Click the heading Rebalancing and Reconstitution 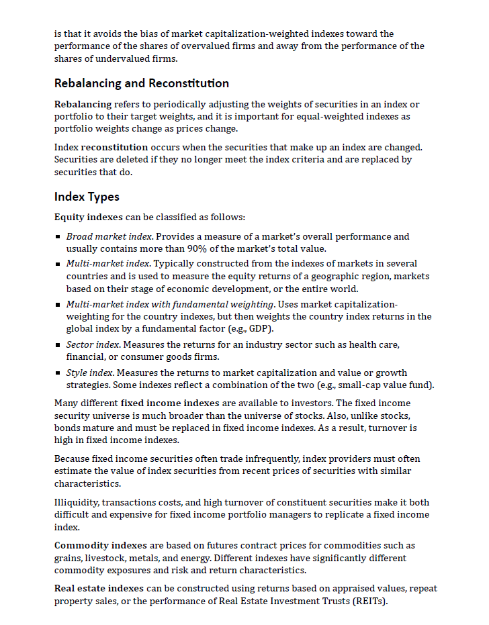pyautogui.click(x=141, y=83)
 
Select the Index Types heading pyautogui.click(x=87, y=197)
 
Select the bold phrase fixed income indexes pyautogui.click(x=171, y=403)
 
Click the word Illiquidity pyautogui.click(x=78, y=502)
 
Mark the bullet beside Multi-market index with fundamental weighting pyautogui.click(x=58, y=305)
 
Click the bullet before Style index pyautogui.click(x=58, y=373)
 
